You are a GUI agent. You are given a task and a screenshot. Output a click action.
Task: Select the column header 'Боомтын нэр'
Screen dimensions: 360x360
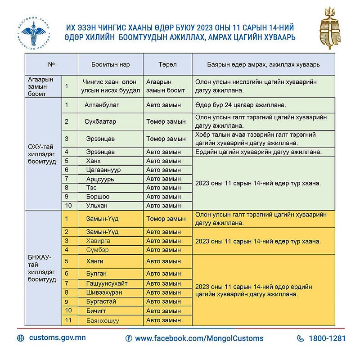(110, 64)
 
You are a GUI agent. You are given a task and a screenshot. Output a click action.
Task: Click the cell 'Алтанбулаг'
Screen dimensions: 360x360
(101, 105)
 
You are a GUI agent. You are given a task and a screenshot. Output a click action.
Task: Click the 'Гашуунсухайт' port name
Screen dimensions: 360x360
(106, 283)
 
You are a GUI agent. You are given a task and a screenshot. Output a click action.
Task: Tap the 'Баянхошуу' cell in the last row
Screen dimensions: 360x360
(103, 320)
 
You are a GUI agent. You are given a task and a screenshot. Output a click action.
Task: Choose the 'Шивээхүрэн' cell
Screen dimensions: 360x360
(104, 292)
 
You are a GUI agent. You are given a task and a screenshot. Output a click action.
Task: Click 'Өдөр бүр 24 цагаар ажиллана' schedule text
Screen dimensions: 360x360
(241, 105)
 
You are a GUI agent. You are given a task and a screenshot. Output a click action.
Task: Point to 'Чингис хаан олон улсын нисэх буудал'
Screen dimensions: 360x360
(111, 86)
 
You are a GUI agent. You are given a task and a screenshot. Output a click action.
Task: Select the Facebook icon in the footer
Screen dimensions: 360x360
(129, 338)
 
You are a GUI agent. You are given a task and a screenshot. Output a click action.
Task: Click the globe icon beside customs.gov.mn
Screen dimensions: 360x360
(21, 338)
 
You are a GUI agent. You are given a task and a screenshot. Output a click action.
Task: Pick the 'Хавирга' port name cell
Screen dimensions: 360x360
(98, 241)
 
